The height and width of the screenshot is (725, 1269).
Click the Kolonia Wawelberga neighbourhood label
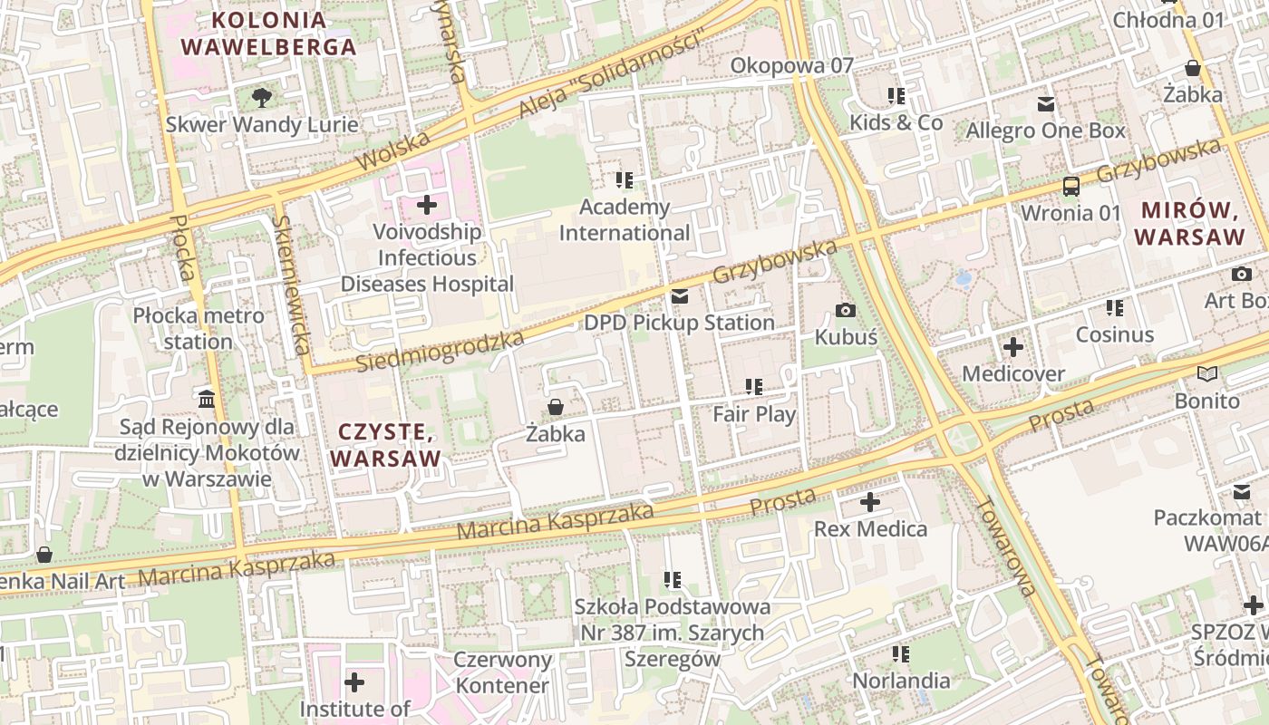pos(268,34)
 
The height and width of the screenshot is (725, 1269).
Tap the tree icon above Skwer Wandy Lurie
pos(262,96)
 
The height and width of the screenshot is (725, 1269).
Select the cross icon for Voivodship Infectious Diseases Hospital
pos(427,205)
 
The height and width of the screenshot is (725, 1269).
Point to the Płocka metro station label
pos(199,329)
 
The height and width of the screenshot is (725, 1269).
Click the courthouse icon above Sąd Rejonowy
pos(206,399)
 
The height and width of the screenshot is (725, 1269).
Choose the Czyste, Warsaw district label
pos(385,444)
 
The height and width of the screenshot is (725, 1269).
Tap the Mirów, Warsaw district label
pos(1189,224)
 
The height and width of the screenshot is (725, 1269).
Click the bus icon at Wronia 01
pos(1070,187)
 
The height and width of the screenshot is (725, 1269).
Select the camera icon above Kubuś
pos(846,311)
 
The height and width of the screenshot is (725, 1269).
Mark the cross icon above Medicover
pos(1013,347)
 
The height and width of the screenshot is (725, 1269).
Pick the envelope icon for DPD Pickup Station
pos(680,296)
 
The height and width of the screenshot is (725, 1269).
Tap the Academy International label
pos(625,220)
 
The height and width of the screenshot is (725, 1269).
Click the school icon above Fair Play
pos(754,388)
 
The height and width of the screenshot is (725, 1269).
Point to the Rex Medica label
pos(870,528)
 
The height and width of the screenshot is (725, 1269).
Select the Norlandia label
pos(901,680)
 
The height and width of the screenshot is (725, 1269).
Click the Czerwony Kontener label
pos(502,672)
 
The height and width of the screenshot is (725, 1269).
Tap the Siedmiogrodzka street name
pos(440,352)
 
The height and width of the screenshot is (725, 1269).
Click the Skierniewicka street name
pos(292,285)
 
